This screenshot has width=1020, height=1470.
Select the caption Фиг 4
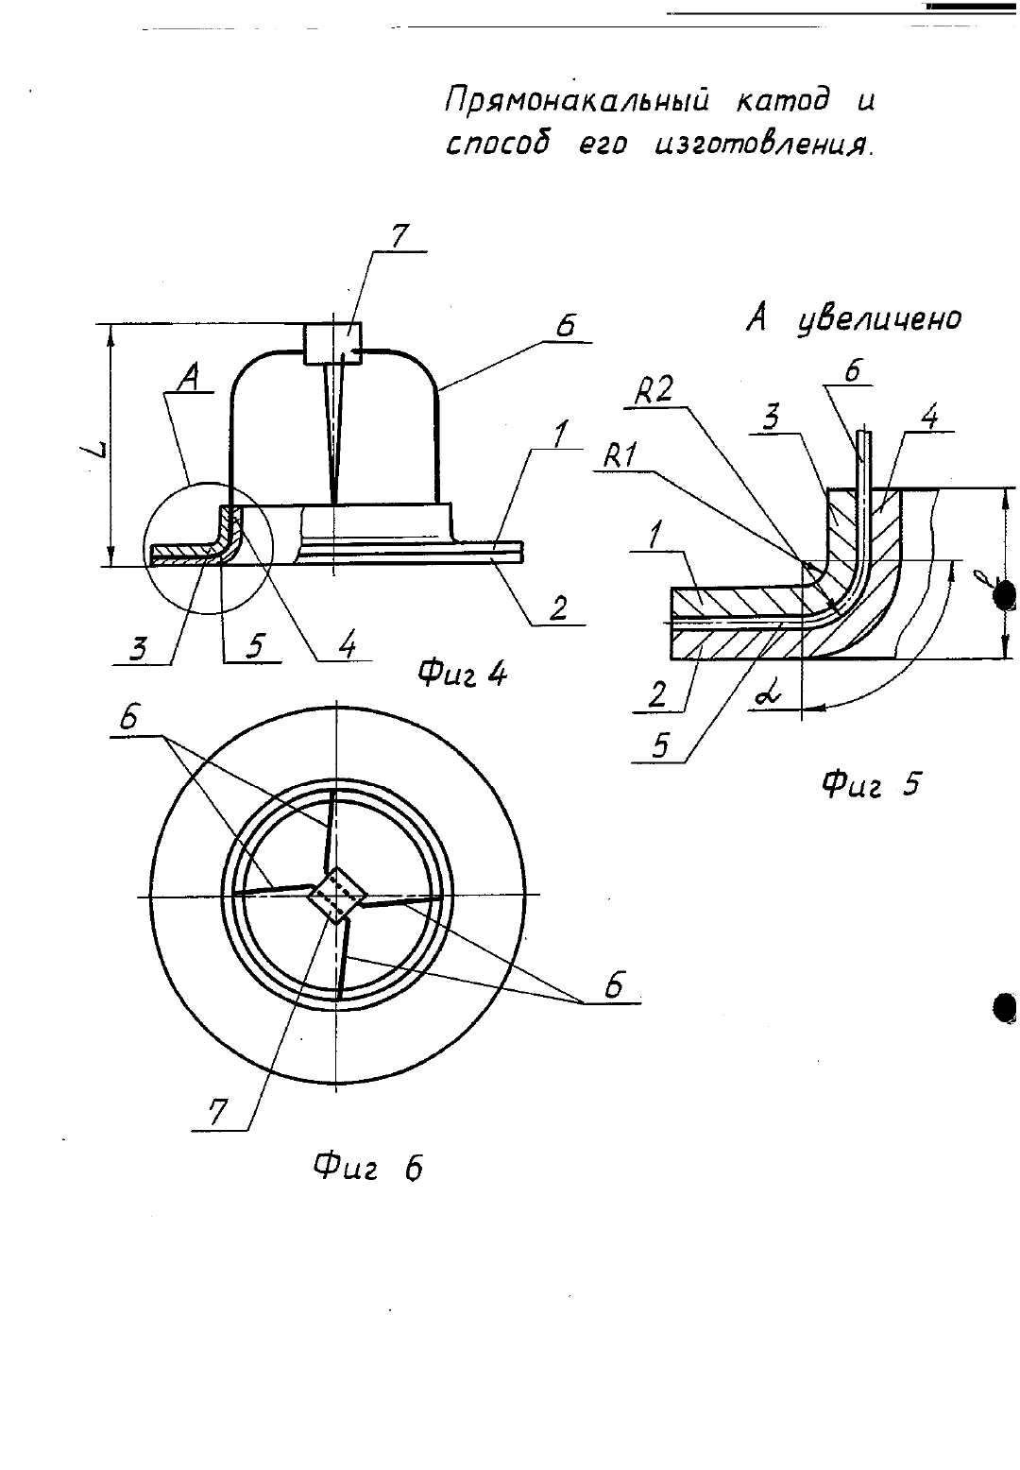[x=463, y=674]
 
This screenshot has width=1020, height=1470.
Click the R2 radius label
[x=654, y=392]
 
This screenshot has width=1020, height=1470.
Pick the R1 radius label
[x=620, y=456]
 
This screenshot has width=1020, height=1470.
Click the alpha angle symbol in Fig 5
[x=767, y=697]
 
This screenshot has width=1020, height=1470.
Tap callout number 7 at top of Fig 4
[x=399, y=237]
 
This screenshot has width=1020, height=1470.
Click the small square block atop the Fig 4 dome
[x=332, y=343]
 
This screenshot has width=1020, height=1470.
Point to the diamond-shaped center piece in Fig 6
[x=337, y=895]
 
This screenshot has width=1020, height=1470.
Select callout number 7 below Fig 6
[x=217, y=1112]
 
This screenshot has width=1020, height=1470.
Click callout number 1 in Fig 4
[x=558, y=436]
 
